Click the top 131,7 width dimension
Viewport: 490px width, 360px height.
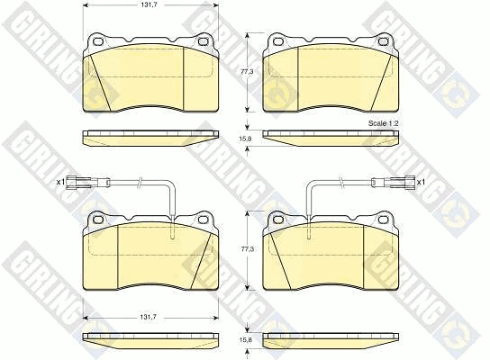(x=146, y=5)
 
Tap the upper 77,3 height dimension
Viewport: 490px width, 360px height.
(x=247, y=71)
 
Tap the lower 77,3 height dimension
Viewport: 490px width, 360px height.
(x=248, y=249)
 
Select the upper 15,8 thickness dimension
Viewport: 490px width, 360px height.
(x=245, y=139)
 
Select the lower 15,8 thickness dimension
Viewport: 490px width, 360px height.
(x=245, y=340)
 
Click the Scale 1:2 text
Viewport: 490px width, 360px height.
(x=384, y=123)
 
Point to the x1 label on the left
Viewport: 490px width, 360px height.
(x=60, y=182)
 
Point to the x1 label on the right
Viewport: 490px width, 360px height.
(x=422, y=182)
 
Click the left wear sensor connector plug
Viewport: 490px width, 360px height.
(x=79, y=182)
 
